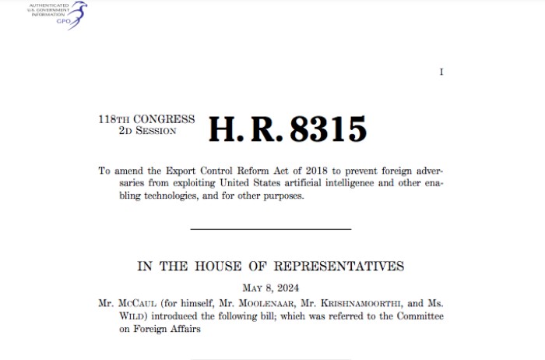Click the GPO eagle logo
pos(76,15)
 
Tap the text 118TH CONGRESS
pos(146,119)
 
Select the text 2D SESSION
pos(147,130)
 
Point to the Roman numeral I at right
pos(441,72)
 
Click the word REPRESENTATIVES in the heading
pos(343,266)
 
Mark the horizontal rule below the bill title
pos(271,228)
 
